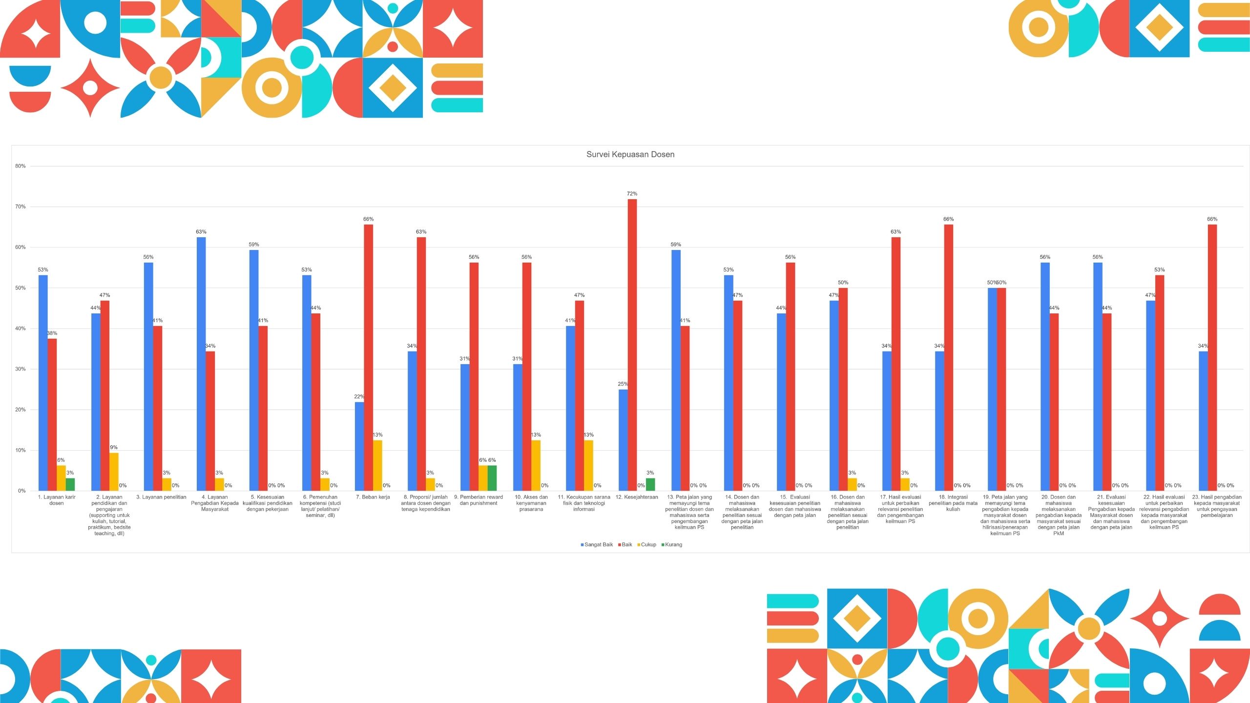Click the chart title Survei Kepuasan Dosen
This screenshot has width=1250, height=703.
point(630,154)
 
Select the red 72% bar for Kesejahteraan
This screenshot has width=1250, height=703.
point(632,345)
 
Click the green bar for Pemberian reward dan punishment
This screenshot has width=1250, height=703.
point(492,478)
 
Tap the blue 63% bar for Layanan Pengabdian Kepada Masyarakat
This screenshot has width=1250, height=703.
point(201,364)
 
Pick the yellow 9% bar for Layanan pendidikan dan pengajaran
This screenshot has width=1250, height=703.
point(114,472)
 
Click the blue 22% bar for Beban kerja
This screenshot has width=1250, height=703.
point(359,447)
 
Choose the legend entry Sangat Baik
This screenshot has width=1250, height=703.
point(597,545)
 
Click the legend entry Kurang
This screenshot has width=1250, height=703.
point(672,545)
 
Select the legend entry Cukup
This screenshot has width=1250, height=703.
point(647,545)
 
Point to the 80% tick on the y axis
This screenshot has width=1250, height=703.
point(20,166)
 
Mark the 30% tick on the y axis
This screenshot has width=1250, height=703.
point(20,369)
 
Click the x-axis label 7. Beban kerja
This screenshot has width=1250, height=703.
point(373,497)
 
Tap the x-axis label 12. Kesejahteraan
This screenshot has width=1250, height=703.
point(637,497)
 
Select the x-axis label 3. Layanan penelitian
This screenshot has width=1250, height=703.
point(161,497)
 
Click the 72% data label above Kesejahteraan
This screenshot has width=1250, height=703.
point(632,194)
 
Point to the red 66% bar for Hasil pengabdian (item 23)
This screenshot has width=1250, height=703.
point(1212,358)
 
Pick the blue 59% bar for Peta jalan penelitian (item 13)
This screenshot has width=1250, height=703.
point(676,371)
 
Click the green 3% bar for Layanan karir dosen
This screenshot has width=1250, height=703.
point(70,485)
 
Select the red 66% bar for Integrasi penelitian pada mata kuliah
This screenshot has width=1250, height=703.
point(948,358)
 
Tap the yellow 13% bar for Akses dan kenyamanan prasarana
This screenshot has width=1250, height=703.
point(536,466)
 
